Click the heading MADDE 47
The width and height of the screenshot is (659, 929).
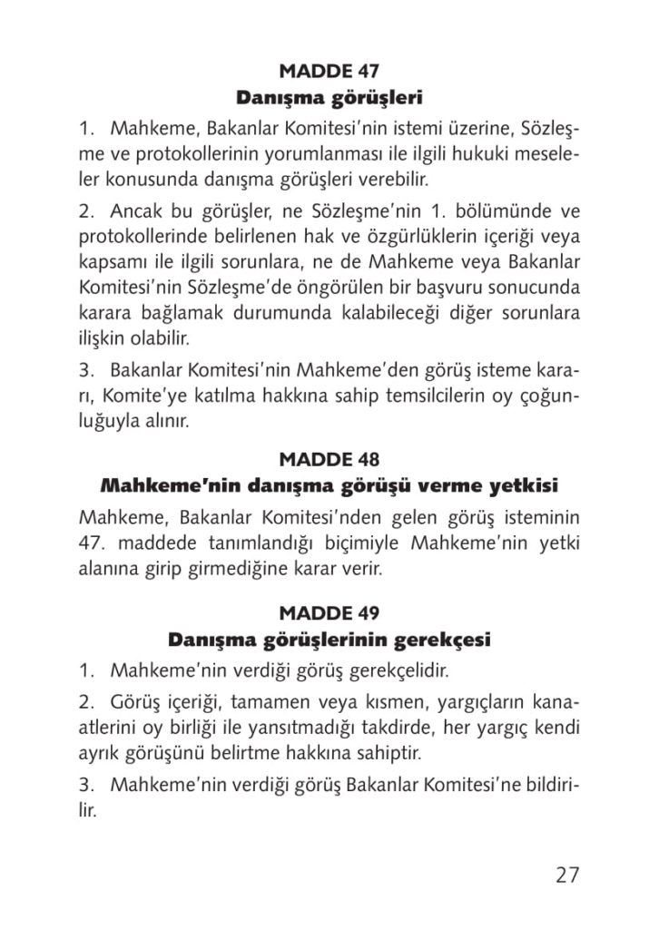[329, 70]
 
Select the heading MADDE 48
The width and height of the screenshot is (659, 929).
[329, 458]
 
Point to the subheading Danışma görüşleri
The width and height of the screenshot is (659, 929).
[329, 95]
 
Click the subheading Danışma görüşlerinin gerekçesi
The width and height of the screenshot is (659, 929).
[329, 641]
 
